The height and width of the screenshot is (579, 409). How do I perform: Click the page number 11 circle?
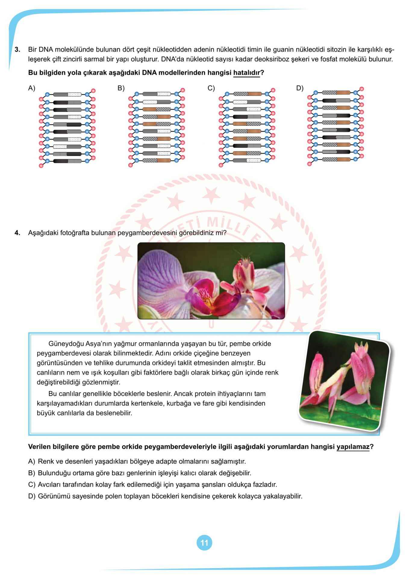coord(204,543)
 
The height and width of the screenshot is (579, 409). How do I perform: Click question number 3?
coord(17,49)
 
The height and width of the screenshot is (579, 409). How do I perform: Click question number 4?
coord(17,233)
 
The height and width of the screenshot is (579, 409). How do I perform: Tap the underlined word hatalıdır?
coord(246,73)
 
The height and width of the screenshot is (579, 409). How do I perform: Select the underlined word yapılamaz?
coord(353,447)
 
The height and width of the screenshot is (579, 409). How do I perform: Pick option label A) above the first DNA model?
coord(32,88)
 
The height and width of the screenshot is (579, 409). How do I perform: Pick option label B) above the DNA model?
coord(121,88)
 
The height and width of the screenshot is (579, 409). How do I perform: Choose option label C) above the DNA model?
coord(211,88)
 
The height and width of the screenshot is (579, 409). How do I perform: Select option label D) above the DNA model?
coord(300,88)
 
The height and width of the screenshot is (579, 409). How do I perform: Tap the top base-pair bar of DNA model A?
coord(67,94)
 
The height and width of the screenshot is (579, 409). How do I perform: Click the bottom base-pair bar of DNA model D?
coord(336,159)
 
